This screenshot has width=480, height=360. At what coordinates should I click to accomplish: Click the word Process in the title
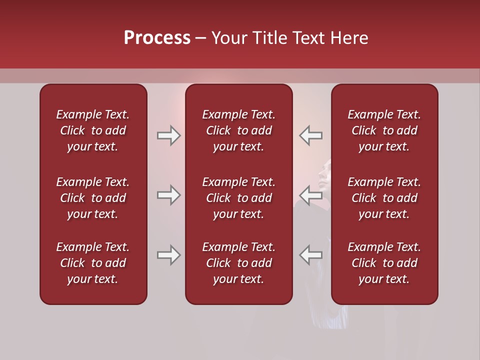(157, 38)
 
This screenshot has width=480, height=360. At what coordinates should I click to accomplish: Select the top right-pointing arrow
(168, 135)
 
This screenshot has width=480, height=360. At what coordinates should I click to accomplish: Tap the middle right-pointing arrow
(168, 195)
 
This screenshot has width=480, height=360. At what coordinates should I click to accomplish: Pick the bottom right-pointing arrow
(168, 255)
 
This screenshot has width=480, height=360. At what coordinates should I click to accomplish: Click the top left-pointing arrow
(310, 135)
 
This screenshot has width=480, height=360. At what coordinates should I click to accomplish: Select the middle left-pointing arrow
(310, 195)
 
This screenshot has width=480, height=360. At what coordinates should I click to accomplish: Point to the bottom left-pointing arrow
(310, 255)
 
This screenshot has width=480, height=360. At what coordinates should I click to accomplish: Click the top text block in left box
(93, 130)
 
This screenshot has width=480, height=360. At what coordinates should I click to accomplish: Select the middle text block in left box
(93, 198)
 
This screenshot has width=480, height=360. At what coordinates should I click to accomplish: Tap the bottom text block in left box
(93, 263)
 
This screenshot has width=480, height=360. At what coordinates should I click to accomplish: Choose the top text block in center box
(239, 130)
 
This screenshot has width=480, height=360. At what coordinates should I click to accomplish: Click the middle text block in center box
(239, 198)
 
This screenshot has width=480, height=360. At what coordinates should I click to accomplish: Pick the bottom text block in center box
(239, 263)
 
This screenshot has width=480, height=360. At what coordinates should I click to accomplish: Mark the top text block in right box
(384, 130)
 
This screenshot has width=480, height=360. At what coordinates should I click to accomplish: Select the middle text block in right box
(384, 198)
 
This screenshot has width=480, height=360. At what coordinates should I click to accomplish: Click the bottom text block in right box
(384, 263)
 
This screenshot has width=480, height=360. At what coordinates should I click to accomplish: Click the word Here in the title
(349, 38)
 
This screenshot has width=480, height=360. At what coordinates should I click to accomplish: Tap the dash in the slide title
(200, 38)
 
